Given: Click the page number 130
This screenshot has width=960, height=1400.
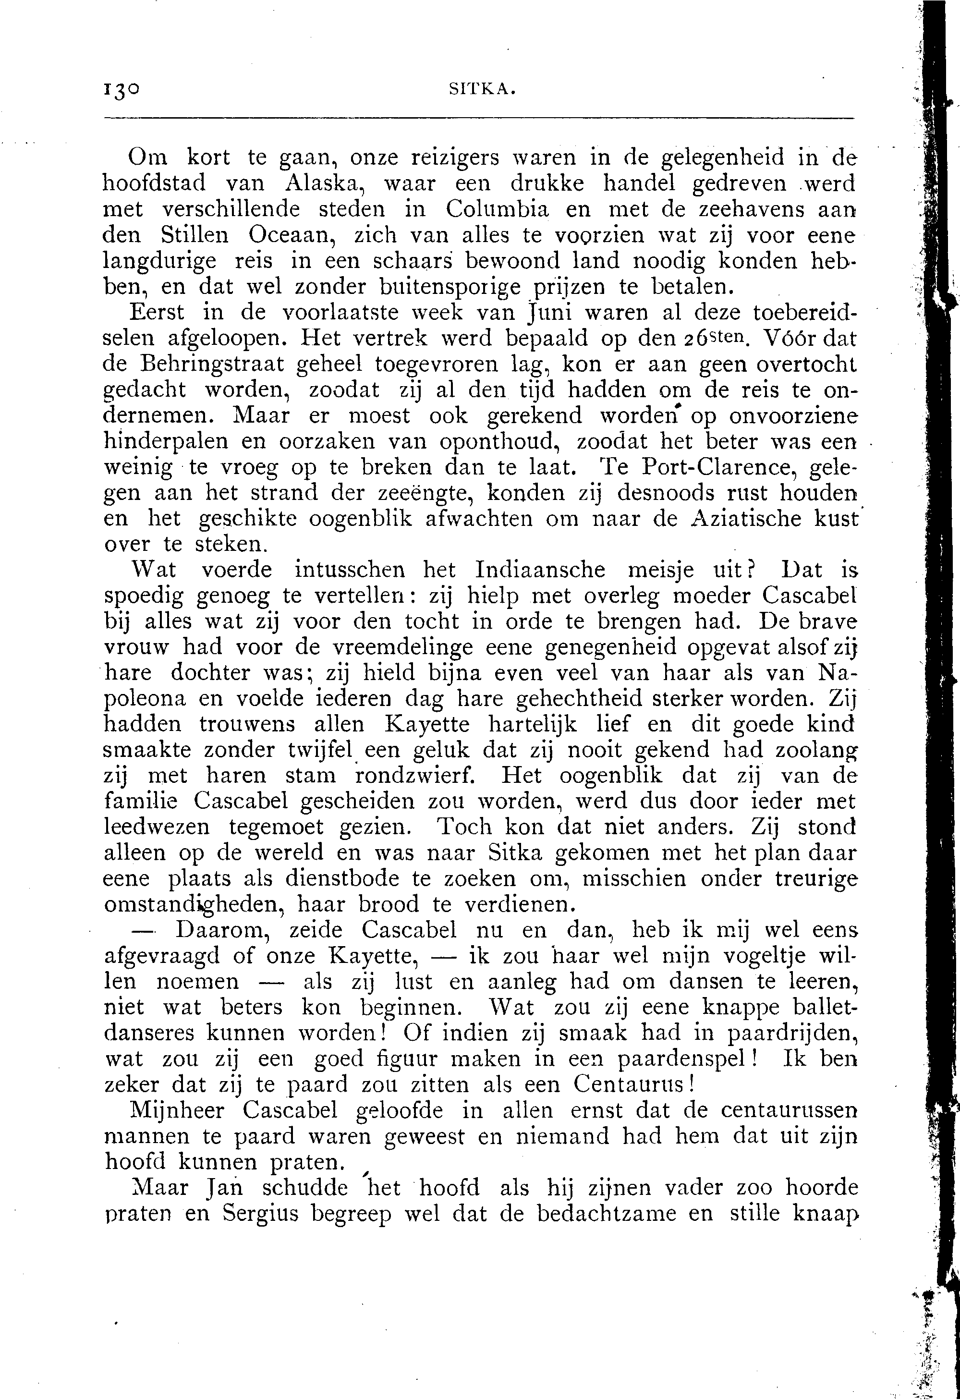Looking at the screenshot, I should click(x=121, y=90).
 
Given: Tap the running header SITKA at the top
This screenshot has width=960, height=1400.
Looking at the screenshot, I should click(x=482, y=90).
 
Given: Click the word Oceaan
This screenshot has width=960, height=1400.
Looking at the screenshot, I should click(x=294, y=235).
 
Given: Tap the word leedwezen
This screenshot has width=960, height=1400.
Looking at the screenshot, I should click(x=157, y=828).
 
